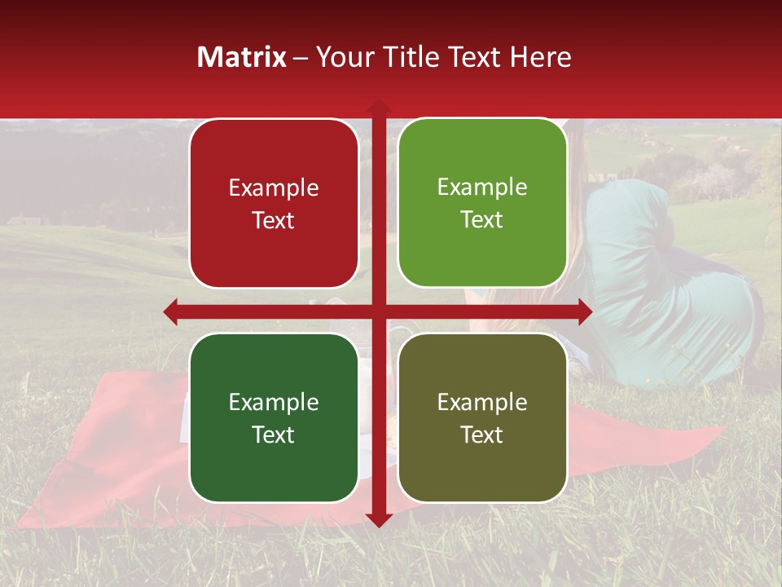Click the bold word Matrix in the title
pos(242,57)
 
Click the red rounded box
pos(274,204)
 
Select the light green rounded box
pos(482,203)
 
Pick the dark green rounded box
pos(274,417)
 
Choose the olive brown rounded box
pos(482,417)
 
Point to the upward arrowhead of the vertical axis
pos(378,107)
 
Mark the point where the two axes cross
pos(378,311)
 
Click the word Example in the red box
pos(274,188)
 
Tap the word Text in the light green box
pos(482,220)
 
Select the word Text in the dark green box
pos(274,435)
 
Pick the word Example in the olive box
pos(482,402)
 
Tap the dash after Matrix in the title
pos(301,58)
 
